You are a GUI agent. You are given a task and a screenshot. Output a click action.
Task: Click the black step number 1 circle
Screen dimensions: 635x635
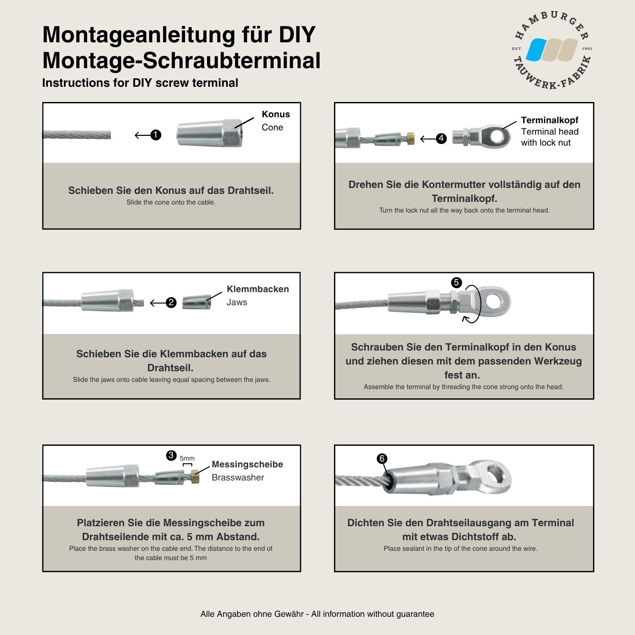pos(156,135)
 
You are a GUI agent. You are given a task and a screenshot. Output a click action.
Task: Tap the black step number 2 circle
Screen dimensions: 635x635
pos(171,303)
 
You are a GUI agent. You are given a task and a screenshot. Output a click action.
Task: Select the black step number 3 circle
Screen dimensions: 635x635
pos(171,456)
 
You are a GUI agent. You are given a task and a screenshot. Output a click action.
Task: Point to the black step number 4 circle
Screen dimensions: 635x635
pos(441,138)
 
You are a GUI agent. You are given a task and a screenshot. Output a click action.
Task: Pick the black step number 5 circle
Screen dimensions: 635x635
pos(456,282)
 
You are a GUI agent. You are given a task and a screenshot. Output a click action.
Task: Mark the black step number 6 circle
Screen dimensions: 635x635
pos(382,458)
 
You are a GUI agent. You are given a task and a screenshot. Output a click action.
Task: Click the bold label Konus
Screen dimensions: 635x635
pos(276,114)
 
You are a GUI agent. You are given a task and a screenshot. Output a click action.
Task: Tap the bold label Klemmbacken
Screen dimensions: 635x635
pos(257,289)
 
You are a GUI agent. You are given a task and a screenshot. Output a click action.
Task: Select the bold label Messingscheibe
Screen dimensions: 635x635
pos(247,464)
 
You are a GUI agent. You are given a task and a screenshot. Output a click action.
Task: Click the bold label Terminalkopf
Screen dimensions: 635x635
pos(549,120)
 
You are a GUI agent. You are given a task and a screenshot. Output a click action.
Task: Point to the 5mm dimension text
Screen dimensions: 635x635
pos(187,458)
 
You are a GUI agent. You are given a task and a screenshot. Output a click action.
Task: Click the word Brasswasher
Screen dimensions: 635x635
pos(237,478)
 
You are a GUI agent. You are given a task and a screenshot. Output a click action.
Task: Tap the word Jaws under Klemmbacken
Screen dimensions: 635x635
pos(237,302)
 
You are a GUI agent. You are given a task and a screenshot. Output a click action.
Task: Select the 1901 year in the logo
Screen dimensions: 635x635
pos(587,49)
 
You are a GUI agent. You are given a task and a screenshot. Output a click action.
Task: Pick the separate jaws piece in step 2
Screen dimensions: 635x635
pos(196,303)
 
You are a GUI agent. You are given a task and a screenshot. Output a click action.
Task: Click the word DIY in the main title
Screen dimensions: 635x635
pos(297,35)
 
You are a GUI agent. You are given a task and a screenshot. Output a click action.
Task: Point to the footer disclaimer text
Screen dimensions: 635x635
pos(317,614)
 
